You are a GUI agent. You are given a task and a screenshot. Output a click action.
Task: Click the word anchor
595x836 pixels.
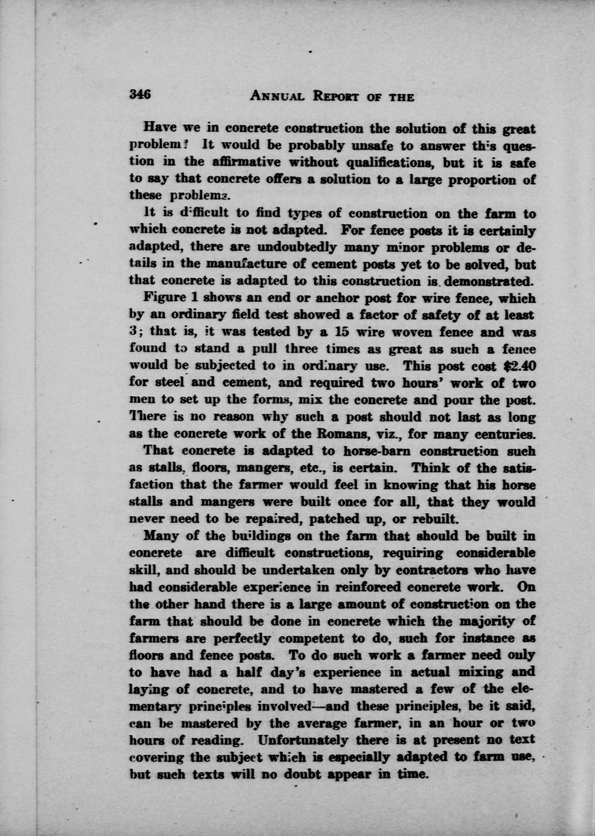click(x=317, y=298)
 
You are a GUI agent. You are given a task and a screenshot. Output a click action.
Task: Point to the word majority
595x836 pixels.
click(x=490, y=621)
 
